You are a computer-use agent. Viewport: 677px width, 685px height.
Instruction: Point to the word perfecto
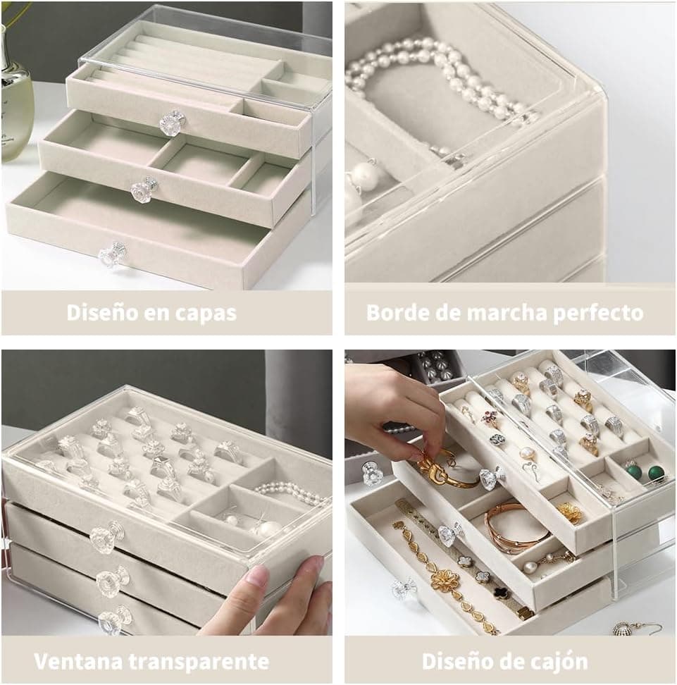point(598,314)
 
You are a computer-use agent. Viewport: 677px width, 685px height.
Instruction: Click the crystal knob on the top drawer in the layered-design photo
point(170,122)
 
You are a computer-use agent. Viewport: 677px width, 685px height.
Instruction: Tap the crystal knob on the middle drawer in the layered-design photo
point(144,189)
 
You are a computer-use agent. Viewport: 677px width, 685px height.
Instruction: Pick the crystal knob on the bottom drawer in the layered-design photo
point(113,255)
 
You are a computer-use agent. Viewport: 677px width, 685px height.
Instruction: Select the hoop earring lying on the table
point(637,628)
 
